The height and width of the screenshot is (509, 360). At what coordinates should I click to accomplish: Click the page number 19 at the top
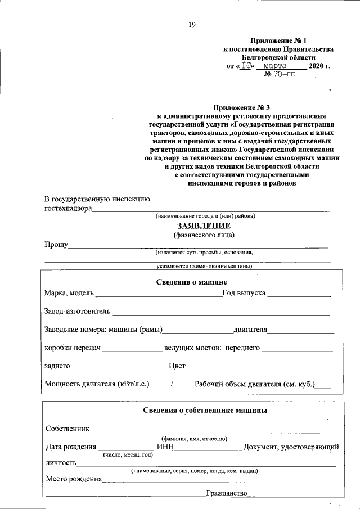191,24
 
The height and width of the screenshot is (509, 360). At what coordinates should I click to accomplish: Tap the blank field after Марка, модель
160,294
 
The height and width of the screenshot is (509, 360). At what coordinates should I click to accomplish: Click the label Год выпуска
244,294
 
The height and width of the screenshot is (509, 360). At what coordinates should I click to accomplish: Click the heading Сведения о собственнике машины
205,411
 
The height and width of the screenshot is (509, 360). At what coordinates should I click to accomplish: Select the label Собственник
68,429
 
